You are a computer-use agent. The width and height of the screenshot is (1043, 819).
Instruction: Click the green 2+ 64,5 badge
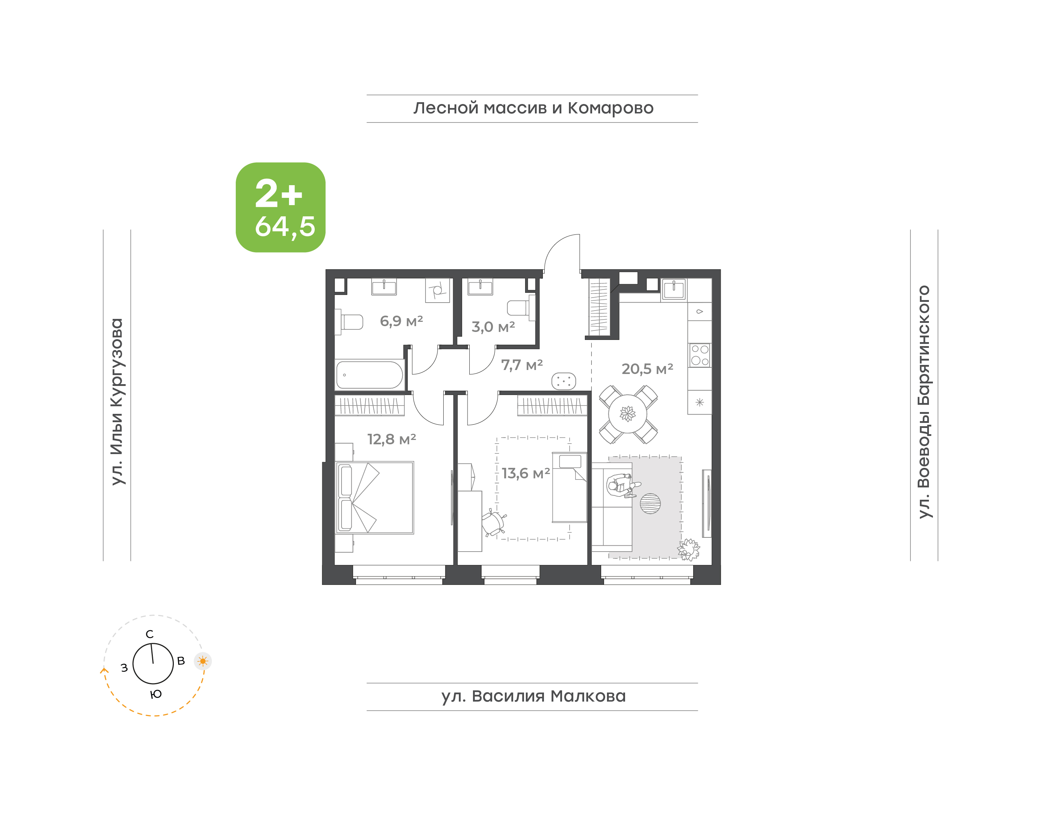[x=280, y=207]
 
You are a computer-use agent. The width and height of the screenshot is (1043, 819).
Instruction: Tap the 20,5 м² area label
[x=647, y=369]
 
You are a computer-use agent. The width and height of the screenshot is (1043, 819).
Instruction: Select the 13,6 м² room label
[x=525, y=473]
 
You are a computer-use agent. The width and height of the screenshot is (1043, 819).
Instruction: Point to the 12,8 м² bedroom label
[x=391, y=439]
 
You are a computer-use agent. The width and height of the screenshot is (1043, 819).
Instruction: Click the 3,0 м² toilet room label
[x=493, y=327]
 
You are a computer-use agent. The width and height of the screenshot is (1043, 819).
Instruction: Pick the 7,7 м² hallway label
[x=522, y=365]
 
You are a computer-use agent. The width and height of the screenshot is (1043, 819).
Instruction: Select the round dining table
[x=628, y=413]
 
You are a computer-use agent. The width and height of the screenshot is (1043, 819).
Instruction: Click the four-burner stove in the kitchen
[x=699, y=355]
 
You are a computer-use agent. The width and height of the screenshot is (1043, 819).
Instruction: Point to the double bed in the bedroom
[x=374, y=498]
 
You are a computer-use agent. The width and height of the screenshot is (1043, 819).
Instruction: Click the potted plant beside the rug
[x=688, y=549]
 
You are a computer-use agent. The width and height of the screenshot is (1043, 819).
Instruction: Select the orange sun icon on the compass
[x=203, y=661]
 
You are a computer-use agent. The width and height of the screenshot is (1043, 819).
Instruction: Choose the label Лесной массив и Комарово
[x=533, y=108]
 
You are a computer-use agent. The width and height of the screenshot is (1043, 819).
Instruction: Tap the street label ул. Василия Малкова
[x=533, y=696]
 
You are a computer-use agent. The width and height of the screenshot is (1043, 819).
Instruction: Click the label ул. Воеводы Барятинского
[x=924, y=402]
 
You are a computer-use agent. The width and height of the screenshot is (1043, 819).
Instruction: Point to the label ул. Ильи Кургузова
[x=117, y=402]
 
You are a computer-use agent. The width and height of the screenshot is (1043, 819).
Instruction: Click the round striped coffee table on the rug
[x=650, y=503]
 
